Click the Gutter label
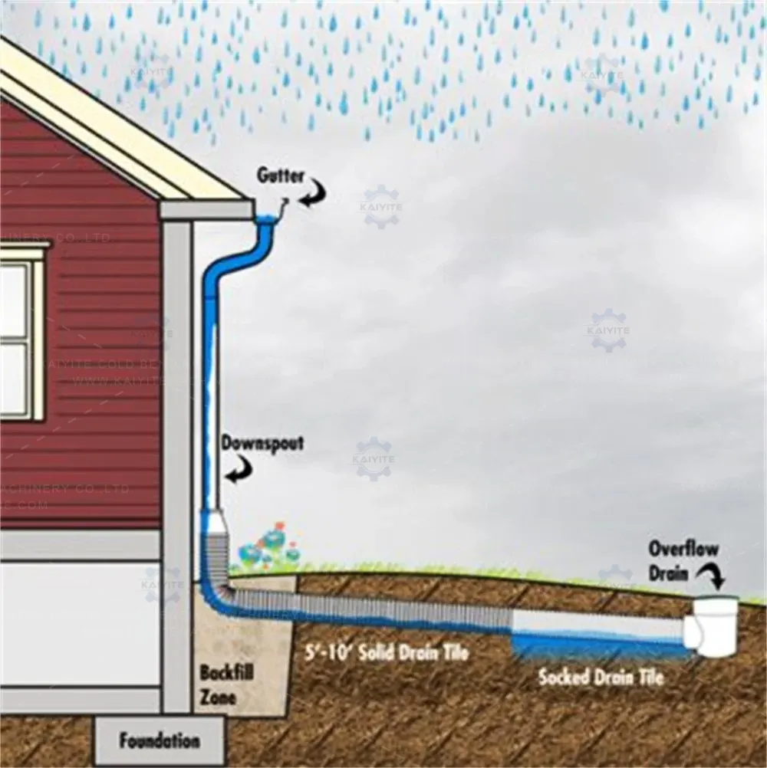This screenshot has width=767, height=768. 280,176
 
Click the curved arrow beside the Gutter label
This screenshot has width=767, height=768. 313,191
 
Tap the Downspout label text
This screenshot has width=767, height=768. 262,443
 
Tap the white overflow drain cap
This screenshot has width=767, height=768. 715,625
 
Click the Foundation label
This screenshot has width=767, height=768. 159,741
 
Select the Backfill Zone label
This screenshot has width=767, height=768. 226,684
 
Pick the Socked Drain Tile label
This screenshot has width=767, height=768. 601,677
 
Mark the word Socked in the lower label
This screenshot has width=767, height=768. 564,677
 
